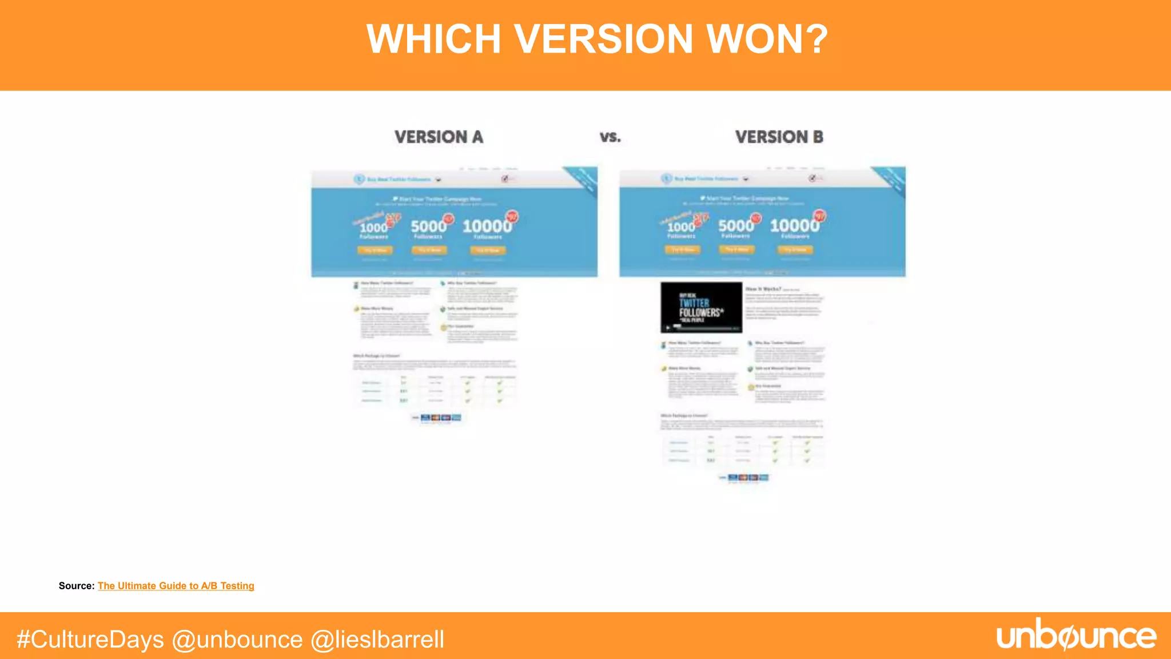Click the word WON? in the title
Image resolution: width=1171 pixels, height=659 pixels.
pos(767,39)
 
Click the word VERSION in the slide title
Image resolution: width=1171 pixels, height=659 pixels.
pos(604,39)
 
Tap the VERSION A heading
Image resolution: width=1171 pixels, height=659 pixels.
pos(439,137)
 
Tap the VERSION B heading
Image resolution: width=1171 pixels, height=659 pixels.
pos(779,137)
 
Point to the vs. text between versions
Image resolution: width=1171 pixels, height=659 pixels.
pos(610,137)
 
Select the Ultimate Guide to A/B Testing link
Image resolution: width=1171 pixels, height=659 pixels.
pos(176,586)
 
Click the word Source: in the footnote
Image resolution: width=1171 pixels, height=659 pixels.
pos(76,586)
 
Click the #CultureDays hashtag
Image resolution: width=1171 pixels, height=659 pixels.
pos(90,639)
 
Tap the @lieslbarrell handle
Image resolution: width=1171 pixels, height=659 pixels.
pos(377,639)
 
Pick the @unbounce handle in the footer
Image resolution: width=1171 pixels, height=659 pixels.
pos(237,639)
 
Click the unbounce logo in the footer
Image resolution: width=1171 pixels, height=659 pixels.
pos(1076,635)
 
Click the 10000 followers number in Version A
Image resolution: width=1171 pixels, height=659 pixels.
pos(487,227)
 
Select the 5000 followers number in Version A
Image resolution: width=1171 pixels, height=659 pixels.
pos(428,227)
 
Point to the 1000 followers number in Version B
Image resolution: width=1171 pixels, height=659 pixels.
pos(680,227)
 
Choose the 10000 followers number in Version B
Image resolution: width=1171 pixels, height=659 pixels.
pos(794,226)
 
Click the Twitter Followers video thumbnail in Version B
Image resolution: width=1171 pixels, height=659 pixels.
pos(701,307)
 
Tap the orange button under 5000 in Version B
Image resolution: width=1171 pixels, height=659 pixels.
pos(736,249)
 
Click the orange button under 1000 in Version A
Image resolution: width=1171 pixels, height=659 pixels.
pos(375,250)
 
